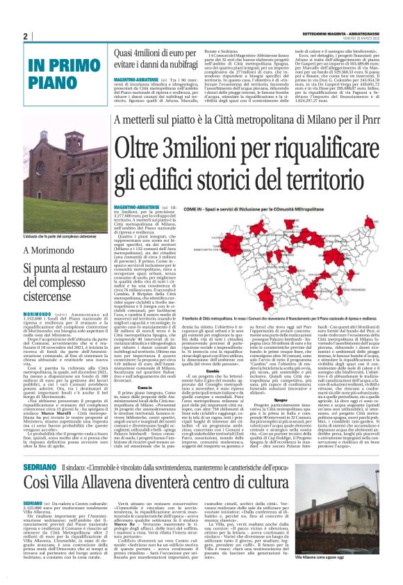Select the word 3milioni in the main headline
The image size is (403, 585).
tap(201, 149)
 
